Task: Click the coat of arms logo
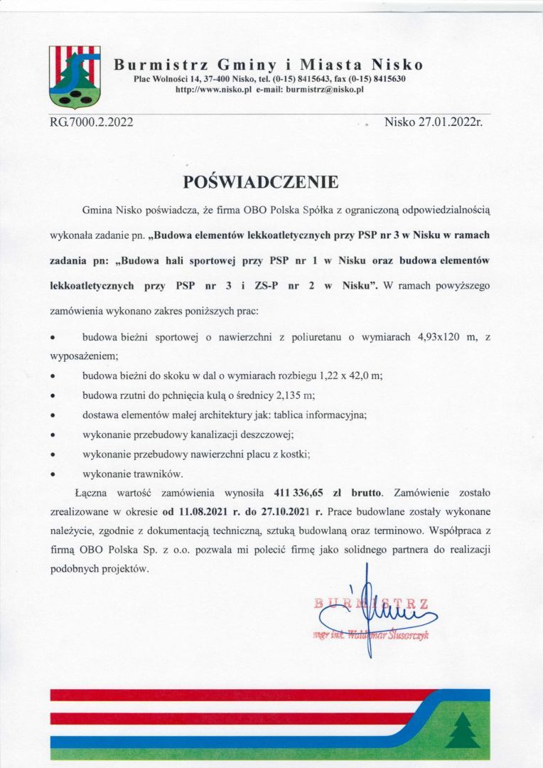[74, 76]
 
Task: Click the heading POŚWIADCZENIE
[261, 182]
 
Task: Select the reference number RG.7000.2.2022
[92, 122]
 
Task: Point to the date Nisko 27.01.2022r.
[433, 122]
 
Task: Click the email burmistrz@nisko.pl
[325, 90]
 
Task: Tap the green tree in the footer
[462, 730]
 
